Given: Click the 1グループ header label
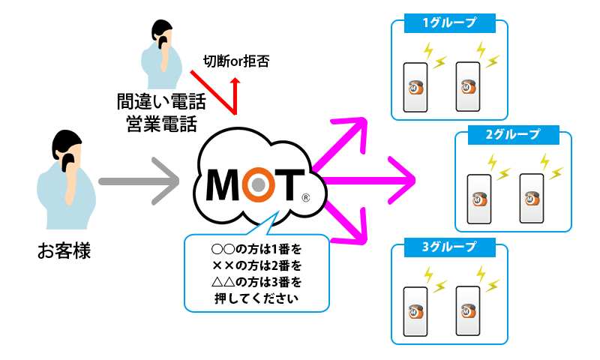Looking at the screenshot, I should coord(450,23).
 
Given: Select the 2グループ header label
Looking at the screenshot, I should coord(513,135).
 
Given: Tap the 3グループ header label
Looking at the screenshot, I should coord(450,247).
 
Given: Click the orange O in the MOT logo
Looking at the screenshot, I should coord(257,183).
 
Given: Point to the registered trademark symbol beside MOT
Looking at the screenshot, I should coord(305,199).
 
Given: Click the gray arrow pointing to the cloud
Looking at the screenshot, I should coord(139,181).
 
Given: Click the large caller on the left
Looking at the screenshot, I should coord(67,183).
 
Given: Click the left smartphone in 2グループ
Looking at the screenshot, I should coord(478,199).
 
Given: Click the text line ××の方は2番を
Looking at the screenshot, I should coord(256,265).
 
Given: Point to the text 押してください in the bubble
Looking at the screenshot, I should coord(256,299).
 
